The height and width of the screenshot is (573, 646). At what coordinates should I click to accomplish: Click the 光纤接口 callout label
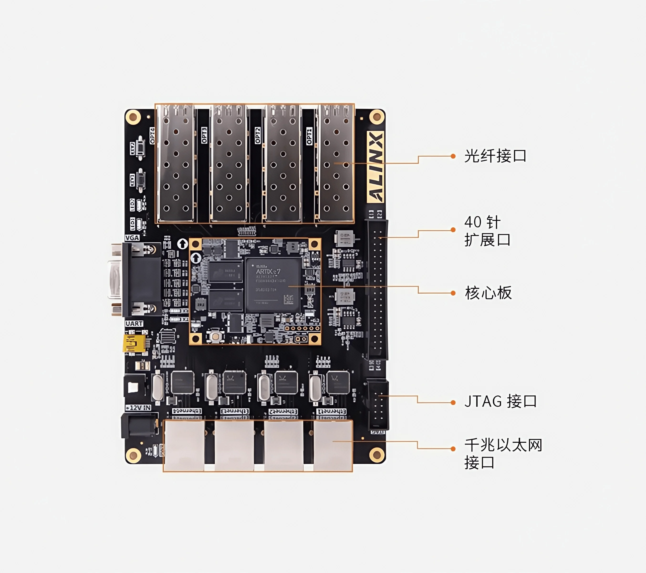[495, 156]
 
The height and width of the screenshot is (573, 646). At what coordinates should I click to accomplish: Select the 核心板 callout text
[488, 293]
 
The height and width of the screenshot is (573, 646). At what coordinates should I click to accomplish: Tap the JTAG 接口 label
[500, 401]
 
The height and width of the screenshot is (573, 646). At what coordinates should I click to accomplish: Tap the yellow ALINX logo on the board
[375, 167]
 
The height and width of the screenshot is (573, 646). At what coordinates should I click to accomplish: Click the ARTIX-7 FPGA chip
[272, 285]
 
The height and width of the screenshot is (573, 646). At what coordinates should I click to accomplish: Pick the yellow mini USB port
[134, 343]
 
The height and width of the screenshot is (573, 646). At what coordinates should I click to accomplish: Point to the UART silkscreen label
[134, 324]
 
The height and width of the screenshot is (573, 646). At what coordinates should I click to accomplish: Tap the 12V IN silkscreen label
[138, 408]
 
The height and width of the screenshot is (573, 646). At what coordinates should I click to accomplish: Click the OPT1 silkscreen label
[309, 136]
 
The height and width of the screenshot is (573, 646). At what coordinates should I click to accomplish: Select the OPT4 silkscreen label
[152, 136]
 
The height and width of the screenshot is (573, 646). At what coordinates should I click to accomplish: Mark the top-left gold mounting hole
[133, 117]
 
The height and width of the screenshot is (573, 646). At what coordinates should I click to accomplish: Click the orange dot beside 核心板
[453, 293]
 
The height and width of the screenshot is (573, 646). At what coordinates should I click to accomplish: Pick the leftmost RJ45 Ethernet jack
[184, 445]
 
